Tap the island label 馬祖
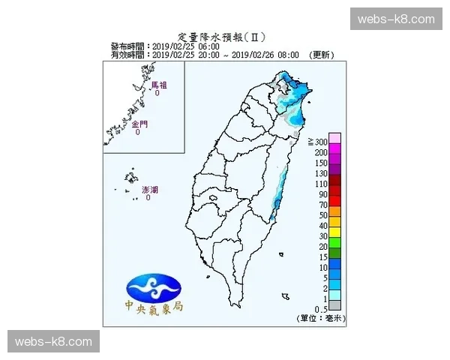coord(158,85)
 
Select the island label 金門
coord(138,124)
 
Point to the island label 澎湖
coord(149,190)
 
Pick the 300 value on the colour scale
coord(322,142)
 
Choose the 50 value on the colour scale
coord(323,215)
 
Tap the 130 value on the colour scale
coord(322,173)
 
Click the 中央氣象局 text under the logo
coord(154,307)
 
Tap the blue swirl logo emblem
coord(154,285)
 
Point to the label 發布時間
coord(129,46)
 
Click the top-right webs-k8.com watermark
coord(396,18)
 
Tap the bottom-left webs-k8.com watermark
coord(53,341)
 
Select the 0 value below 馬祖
coord(157,94)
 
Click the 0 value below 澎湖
coord(148,198)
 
